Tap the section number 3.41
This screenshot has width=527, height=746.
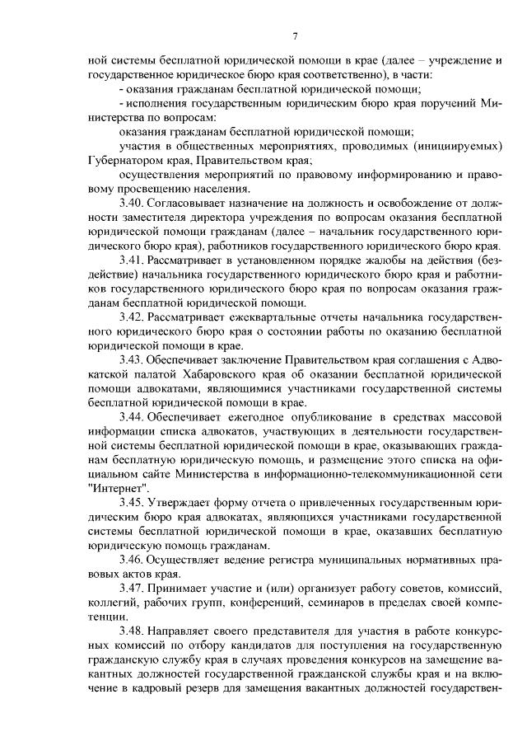[133, 260]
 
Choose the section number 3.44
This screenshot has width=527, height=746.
[133, 417]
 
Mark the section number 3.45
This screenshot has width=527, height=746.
[133, 503]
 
